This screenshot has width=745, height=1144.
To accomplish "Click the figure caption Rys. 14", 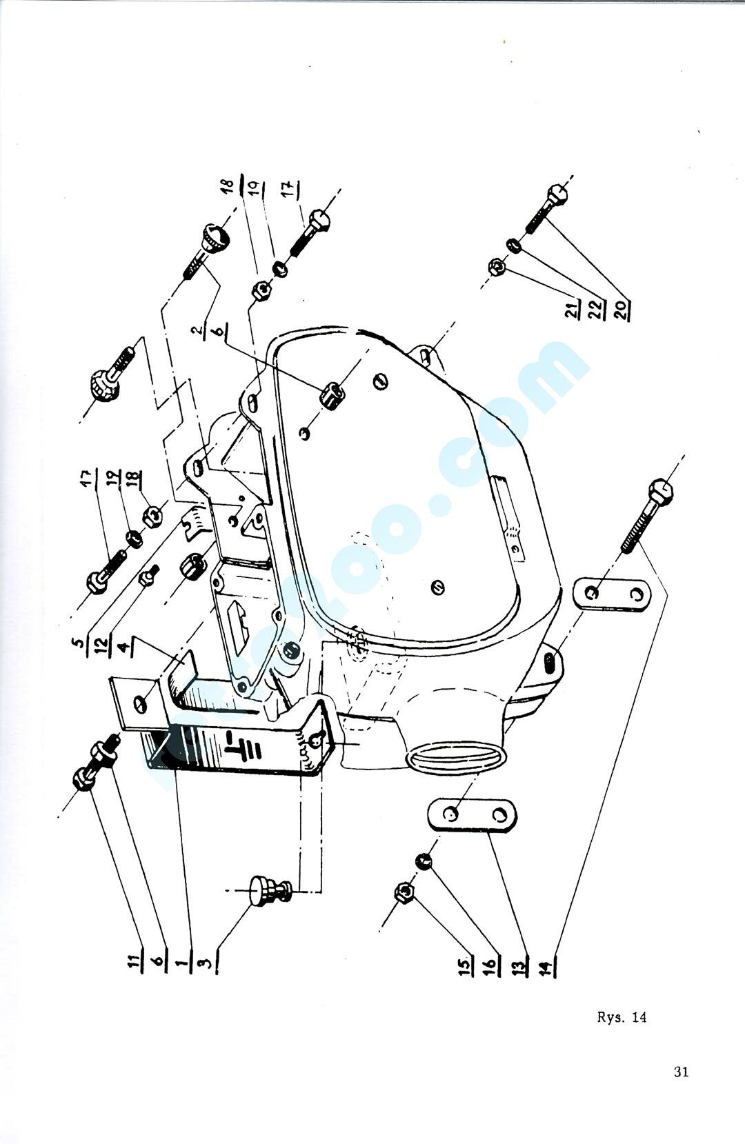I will [x=622, y=1017].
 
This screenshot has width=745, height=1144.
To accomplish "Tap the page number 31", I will [x=681, y=1072].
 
